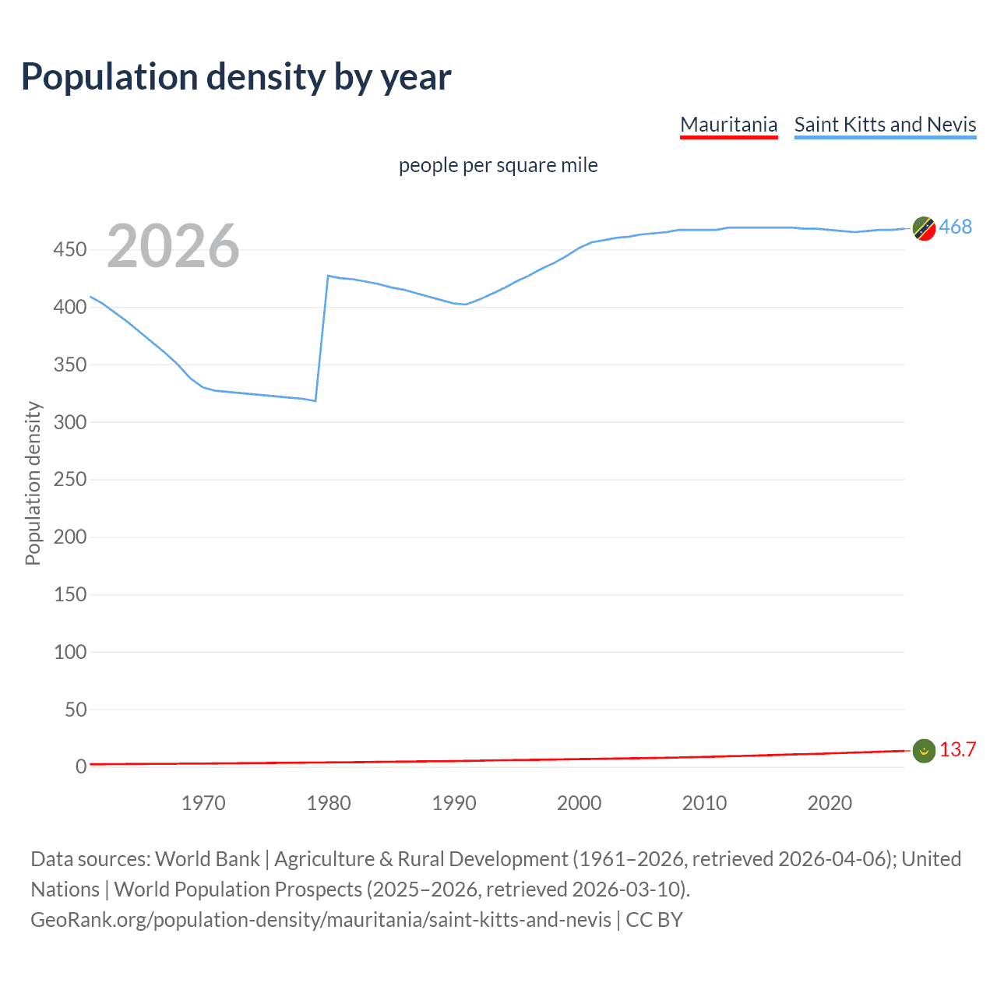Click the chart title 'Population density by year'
point(236,77)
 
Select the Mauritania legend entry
point(728,125)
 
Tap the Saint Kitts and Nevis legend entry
point(885,125)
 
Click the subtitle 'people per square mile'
point(498,165)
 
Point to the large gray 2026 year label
point(173,246)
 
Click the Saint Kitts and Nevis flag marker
point(924,228)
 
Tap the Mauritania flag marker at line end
point(924,750)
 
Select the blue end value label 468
point(955,227)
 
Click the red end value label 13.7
point(957,749)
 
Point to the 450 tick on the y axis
point(70,250)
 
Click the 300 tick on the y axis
point(70,422)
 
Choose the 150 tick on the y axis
point(70,594)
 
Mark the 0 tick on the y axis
point(80,766)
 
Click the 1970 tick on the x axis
point(203,803)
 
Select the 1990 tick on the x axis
point(454,803)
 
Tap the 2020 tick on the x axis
point(830,803)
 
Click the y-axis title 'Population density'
point(33,483)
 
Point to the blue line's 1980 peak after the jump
point(329,276)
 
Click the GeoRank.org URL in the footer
point(321,920)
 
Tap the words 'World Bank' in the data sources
point(207,859)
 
